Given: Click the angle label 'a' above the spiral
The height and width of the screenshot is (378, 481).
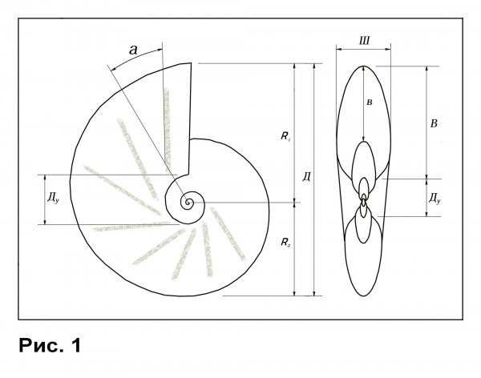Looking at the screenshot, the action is pos(133,50).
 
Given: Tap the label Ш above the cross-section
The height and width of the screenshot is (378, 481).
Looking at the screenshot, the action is pos(365,41).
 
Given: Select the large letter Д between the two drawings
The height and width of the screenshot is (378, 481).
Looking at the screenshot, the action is pos(306,176).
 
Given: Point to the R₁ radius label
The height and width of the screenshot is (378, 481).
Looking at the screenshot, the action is pos(285,136).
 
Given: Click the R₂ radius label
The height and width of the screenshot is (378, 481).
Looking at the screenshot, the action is pos(285,242).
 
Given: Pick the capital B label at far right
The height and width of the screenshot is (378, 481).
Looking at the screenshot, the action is pos(434,123).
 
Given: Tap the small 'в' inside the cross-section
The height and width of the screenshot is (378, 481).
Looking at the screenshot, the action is pos(370,103).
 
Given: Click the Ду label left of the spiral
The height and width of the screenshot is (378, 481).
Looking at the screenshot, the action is pos(53,198).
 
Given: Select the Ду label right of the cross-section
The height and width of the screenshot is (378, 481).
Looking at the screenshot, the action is pos(435,199).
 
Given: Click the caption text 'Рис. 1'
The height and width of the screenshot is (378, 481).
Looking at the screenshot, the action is pos(50,345).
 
